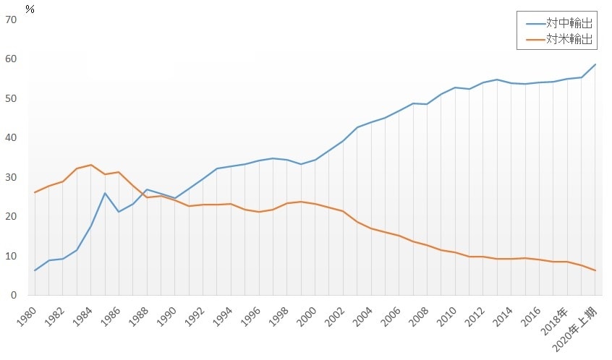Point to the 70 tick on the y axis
coord(11,20)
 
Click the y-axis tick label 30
coord(11,177)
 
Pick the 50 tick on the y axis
coord(11,98)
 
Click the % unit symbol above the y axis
coord(30,9)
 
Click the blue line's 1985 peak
coord(105,193)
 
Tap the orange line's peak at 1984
coord(91,165)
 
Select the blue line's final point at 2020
coord(595,64)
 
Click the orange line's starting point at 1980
coord(35,192)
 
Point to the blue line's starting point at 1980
coord(35,270)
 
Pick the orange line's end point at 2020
coord(595,270)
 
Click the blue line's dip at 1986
coord(119,212)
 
